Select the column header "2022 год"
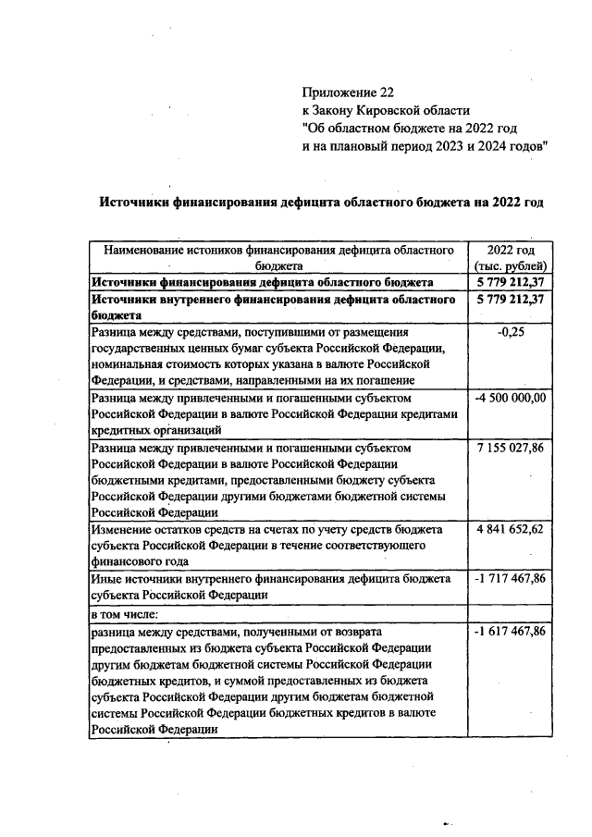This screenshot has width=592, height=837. pyautogui.click(x=511, y=250)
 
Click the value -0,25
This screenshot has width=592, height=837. pyautogui.click(x=511, y=332)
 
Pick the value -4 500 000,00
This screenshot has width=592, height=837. pyautogui.click(x=511, y=398)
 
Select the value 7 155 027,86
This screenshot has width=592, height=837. pyautogui.click(x=511, y=448)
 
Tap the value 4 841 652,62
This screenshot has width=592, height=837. pyautogui.click(x=511, y=530)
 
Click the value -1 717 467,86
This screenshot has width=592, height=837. pyautogui.click(x=511, y=579)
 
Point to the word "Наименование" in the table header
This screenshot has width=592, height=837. pyautogui.click(x=147, y=250)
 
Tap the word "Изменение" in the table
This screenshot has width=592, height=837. pyautogui.click(x=123, y=530)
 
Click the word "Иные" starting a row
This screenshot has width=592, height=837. pyautogui.click(x=106, y=579)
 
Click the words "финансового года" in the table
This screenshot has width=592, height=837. pyautogui.click(x=140, y=562)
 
